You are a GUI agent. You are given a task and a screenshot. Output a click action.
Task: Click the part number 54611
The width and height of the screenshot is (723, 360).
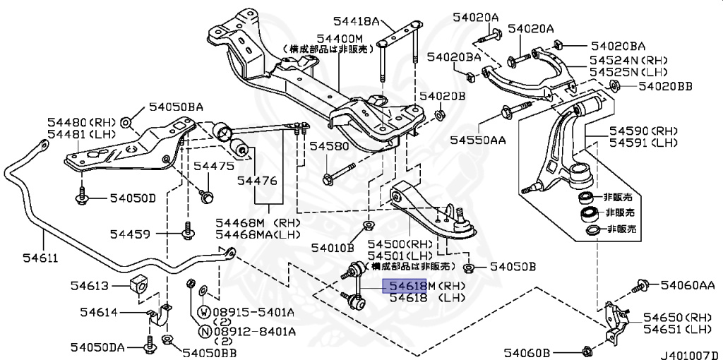point(23,259)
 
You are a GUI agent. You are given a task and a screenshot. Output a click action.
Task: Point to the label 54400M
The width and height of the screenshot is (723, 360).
point(340,37)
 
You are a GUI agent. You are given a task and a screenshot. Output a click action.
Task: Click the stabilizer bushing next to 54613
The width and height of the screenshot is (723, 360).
point(139,283)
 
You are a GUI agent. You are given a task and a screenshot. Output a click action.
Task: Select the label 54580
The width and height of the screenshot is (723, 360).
point(328,147)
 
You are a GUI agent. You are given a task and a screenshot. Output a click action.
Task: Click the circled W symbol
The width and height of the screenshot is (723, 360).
point(203,311)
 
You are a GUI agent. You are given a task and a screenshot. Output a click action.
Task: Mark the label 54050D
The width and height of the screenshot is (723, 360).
point(133,198)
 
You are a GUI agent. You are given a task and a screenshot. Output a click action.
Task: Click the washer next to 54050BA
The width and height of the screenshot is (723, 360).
point(126,123)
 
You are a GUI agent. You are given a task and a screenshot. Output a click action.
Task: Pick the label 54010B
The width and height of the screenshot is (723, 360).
point(332,247)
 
